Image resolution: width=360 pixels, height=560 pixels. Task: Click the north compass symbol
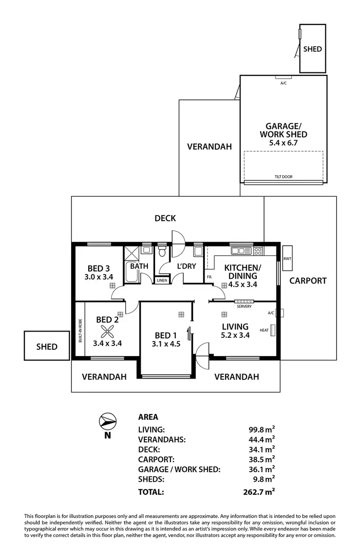coord(107,421)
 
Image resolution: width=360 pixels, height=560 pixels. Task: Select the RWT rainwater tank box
coord(287,259)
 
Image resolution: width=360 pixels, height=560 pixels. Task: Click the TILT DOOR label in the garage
coord(283,177)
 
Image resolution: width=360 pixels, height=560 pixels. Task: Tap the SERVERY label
coord(244,306)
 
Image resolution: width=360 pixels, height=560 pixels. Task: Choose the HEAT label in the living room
coord(264,330)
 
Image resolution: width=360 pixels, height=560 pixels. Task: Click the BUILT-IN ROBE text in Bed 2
coord(80,331)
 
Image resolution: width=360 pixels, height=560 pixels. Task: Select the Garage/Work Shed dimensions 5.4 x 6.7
coord(283,143)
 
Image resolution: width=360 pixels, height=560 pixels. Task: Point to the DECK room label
coord(165,218)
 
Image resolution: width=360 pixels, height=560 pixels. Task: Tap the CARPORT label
coord(308,281)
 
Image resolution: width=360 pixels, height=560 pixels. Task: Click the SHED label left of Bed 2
coord(47,346)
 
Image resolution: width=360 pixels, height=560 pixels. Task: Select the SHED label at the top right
coord(312,49)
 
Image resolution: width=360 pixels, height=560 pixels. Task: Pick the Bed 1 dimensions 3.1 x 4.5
coord(166,344)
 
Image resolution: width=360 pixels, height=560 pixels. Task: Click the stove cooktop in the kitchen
coord(258,250)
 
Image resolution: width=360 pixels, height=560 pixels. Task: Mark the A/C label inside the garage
coord(283,83)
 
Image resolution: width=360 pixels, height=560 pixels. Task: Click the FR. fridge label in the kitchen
coord(209,277)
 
